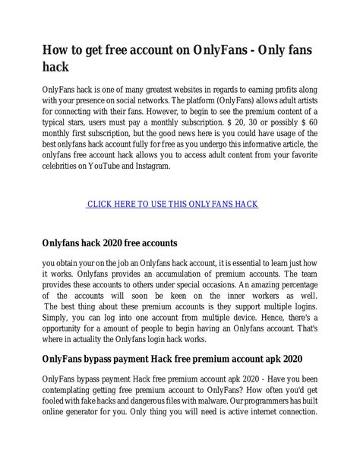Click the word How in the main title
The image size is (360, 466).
click(56, 50)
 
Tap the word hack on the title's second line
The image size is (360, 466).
click(55, 68)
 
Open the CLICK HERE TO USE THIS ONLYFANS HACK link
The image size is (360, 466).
click(172, 204)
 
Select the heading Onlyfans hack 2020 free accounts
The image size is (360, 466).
click(109, 243)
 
